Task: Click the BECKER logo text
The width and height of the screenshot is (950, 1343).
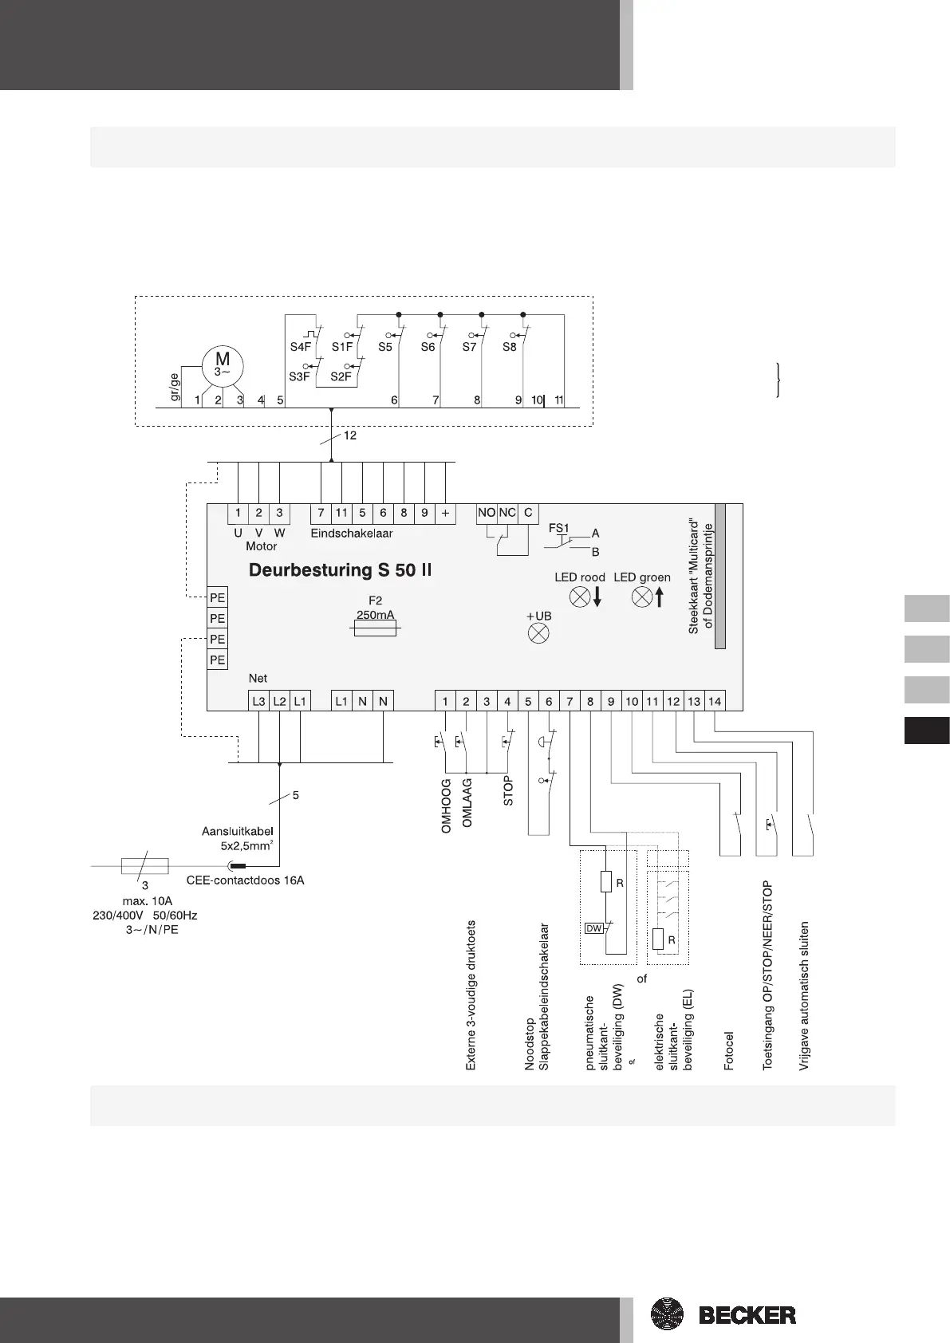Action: (747, 1315)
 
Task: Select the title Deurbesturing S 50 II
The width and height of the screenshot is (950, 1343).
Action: (341, 570)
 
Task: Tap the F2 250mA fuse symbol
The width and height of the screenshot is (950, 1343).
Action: (375, 629)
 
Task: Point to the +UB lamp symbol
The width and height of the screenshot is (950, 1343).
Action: (539, 634)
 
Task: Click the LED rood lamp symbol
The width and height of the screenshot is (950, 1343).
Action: (580, 597)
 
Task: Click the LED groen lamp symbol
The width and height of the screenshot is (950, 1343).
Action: (642, 597)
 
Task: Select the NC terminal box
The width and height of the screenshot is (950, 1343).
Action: (507, 514)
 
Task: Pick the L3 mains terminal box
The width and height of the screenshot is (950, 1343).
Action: (258, 701)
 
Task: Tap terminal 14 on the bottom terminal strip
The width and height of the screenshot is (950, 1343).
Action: (715, 701)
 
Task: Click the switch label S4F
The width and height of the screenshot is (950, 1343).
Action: (300, 347)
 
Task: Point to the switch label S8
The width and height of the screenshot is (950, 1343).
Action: (509, 347)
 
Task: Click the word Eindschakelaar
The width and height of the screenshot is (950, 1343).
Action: (352, 533)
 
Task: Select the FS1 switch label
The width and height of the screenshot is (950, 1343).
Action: (559, 528)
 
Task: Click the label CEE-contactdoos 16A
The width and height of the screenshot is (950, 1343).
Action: (245, 880)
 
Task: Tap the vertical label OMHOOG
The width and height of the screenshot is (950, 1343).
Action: (446, 806)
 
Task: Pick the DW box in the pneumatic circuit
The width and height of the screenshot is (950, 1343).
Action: (594, 928)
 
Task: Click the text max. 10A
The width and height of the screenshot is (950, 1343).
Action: (148, 901)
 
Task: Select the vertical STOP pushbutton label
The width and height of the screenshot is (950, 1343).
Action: (508, 791)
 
